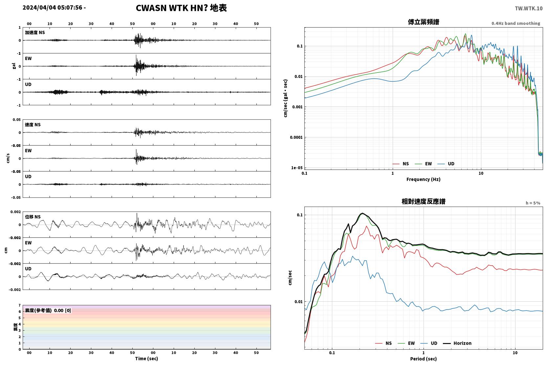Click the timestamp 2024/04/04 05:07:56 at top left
pyautogui.click(x=53, y=8)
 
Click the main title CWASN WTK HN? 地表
pyautogui.click(x=181, y=8)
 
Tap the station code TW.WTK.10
pyautogui.click(x=529, y=9)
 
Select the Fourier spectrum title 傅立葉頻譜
pyautogui.click(x=424, y=22)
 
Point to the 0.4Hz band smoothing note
pyautogui.click(x=516, y=23)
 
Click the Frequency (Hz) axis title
pyautogui.click(x=424, y=179)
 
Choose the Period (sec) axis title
pyautogui.click(x=424, y=359)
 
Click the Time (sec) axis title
pyautogui.click(x=146, y=358)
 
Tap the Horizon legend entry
pyautogui.click(x=457, y=343)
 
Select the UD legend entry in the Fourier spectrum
pyautogui.click(x=446, y=164)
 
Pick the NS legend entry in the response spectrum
pyautogui.click(x=383, y=343)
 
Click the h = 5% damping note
pyautogui.click(x=533, y=203)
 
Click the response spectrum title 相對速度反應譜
pyautogui.click(x=424, y=201)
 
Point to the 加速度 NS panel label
pyautogui.click(x=35, y=32)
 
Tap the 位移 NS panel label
pyautogui.click(x=33, y=217)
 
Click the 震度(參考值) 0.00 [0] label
pyautogui.click(x=48, y=311)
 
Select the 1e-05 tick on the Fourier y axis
pyautogui.click(x=297, y=168)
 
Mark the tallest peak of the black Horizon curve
pyautogui.click(x=362, y=213)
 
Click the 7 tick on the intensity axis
pyautogui.click(x=20, y=305)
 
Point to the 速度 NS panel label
pyautogui.click(x=33, y=125)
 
